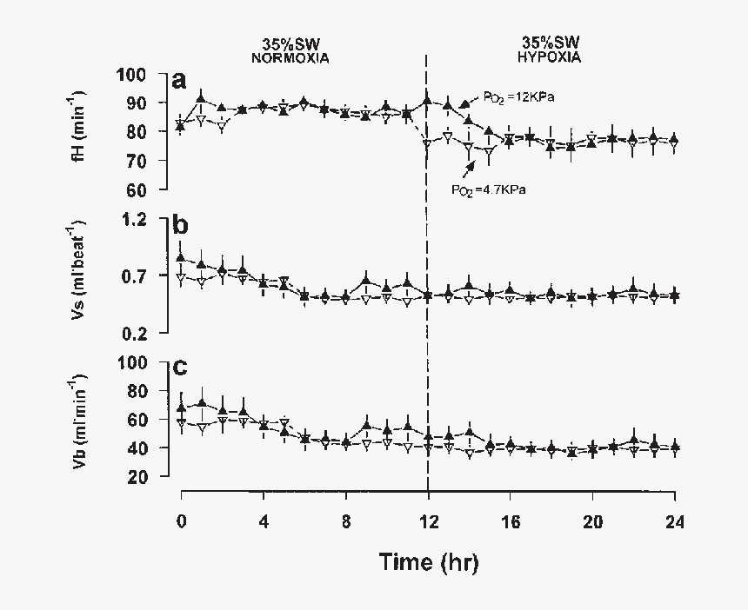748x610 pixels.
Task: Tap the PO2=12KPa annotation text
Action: (521, 97)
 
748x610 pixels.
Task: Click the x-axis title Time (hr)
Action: (428, 562)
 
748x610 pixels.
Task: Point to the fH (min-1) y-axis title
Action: (78, 131)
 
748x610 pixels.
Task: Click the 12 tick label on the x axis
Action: (428, 521)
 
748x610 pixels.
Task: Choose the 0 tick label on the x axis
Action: (181, 521)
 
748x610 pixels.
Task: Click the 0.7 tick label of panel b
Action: (139, 275)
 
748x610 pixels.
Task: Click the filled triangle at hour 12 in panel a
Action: (427, 102)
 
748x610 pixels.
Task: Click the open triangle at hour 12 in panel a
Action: (427, 143)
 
